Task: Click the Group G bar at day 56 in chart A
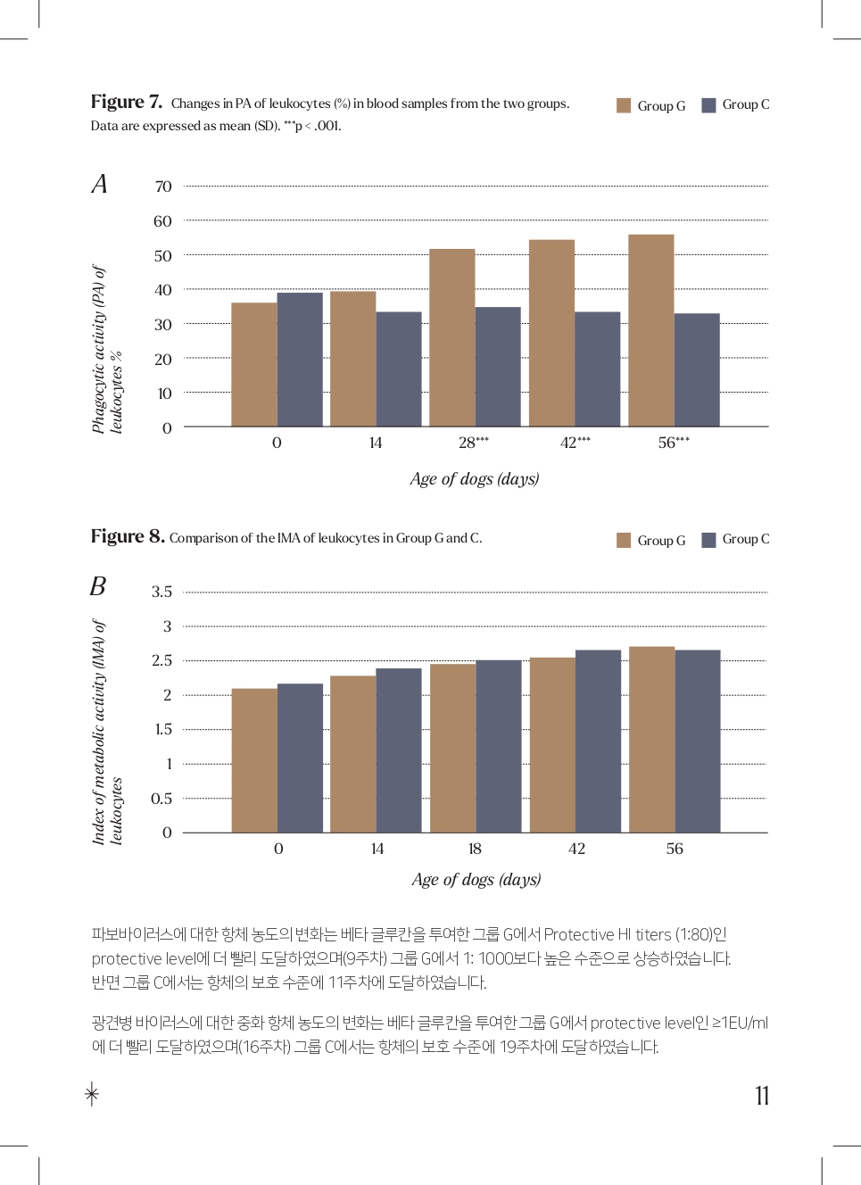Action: click(651, 330)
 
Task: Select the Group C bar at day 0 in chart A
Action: click(300, 360)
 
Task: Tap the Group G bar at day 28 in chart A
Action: click(452, 337)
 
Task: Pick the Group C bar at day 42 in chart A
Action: click(598, 369)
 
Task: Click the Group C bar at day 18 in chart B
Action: click(499, 746)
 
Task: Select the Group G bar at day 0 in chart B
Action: click(254, 760)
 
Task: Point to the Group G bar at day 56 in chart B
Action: click(652, 739)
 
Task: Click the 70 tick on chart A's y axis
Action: click(163, 186)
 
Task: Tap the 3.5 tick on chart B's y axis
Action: click(161, 592)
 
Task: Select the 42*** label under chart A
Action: click(575, 443)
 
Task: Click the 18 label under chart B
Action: click(475, 849)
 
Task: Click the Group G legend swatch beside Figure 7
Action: click(624, 105)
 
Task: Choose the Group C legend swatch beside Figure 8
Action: click(708, 540)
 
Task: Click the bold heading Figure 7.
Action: click(127, 102)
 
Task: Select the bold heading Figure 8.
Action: click(128, 536)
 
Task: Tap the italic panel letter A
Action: click(99, 184)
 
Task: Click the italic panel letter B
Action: click(98, 586)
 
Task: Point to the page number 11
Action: click(762, 1096)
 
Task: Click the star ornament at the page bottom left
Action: click(92, 1093)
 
